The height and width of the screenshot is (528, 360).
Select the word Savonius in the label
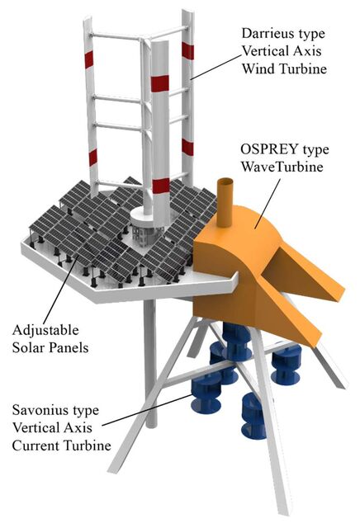[x=37, y=410]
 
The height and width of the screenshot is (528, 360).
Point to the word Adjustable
[x=45, y=331]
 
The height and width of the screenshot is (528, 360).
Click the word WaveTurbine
[x=282, y=167]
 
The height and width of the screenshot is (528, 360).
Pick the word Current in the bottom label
[x=36, y=445]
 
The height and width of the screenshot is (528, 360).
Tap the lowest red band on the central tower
[x=161, y=186]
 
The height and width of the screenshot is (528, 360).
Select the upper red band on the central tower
[x=160, y=83]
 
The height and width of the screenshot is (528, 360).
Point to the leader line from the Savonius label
[x=147, y=410]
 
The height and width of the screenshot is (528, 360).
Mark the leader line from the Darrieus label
[x=216, y=66]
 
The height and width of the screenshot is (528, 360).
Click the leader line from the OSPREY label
[x=268, y=204]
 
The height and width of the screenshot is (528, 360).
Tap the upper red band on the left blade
[x=89, y=60]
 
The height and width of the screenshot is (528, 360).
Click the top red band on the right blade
[x=187, y=51]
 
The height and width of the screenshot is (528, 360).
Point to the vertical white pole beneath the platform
[x=150, y=364]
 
